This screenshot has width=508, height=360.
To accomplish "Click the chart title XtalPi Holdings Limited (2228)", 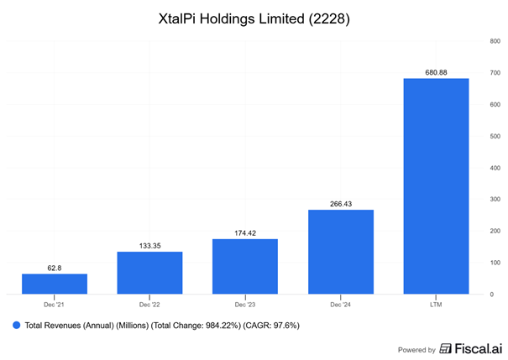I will (x=254, y=18).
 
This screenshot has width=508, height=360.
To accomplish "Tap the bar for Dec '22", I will (x=149, y=273).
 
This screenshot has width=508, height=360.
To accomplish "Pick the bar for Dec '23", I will (x=245, y=266).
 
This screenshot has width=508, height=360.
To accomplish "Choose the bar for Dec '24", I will (x=340, y=252).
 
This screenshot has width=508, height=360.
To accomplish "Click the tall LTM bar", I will (x=436, y=185).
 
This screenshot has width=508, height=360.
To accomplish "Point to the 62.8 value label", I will (x=55, y=268).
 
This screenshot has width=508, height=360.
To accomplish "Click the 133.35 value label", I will (x=149, y=246).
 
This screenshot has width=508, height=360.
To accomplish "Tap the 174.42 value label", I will (x=245, y=233).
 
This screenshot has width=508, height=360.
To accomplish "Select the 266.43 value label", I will (x=340, y=204).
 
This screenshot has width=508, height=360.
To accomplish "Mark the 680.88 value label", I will (x=436, y=72).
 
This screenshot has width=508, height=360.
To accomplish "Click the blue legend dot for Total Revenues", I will (x=15, y=324).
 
